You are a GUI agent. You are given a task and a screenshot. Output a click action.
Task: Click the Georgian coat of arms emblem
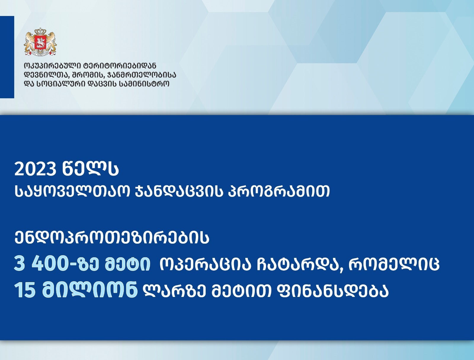[40, 42]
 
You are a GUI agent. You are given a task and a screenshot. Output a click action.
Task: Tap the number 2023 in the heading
[35, 169]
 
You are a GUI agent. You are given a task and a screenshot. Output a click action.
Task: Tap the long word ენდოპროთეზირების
[112, 238]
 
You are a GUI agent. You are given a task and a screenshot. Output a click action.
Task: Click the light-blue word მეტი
[127, 264]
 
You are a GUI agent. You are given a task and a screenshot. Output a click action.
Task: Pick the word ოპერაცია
[205, 264]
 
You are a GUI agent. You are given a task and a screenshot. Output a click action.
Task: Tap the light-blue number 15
[25, 290]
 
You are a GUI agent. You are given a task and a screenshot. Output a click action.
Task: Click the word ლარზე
[175, 290]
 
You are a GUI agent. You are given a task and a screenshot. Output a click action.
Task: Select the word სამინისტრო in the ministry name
[144, 84]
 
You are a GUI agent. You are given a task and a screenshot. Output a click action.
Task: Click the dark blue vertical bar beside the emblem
[7, 57]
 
